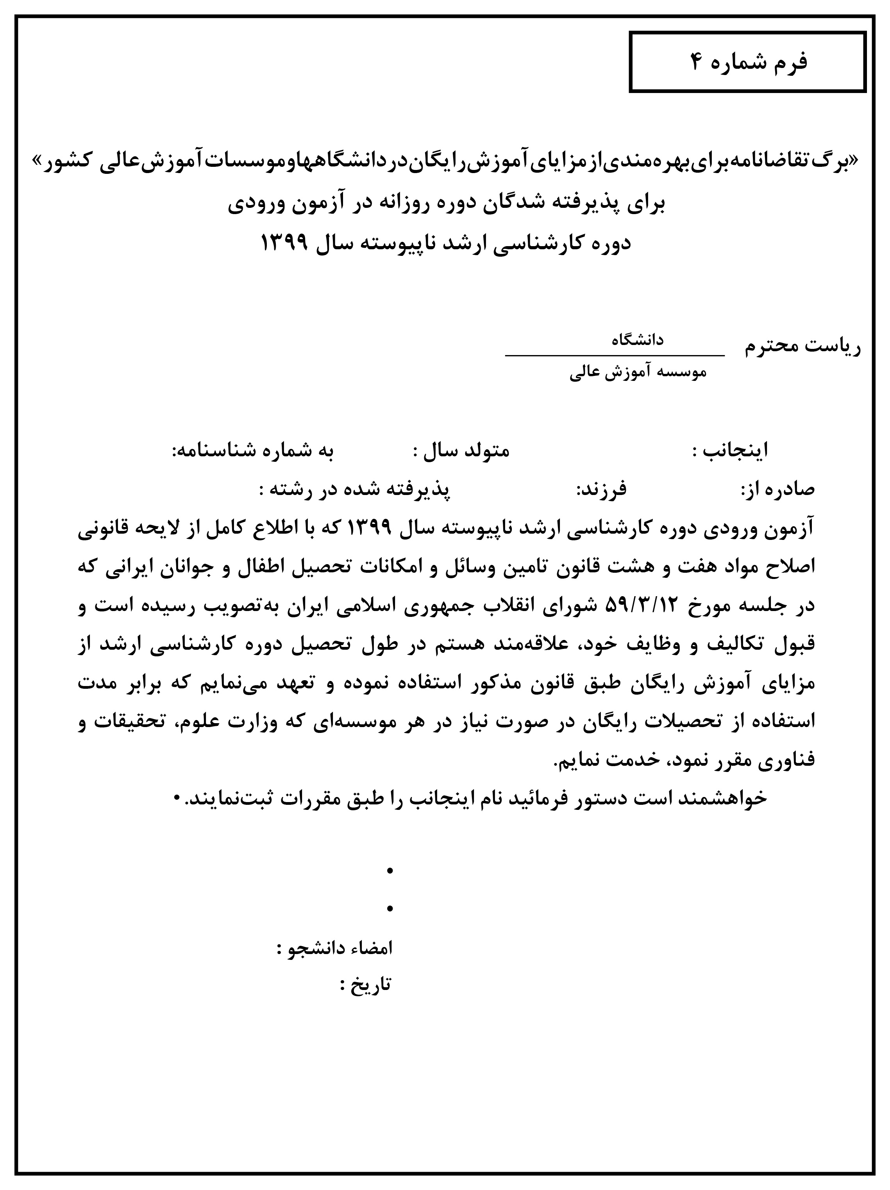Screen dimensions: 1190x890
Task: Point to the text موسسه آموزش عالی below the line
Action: click(x=638, y=373)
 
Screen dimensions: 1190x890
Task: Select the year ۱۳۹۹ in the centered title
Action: click(x=284, y=243)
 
